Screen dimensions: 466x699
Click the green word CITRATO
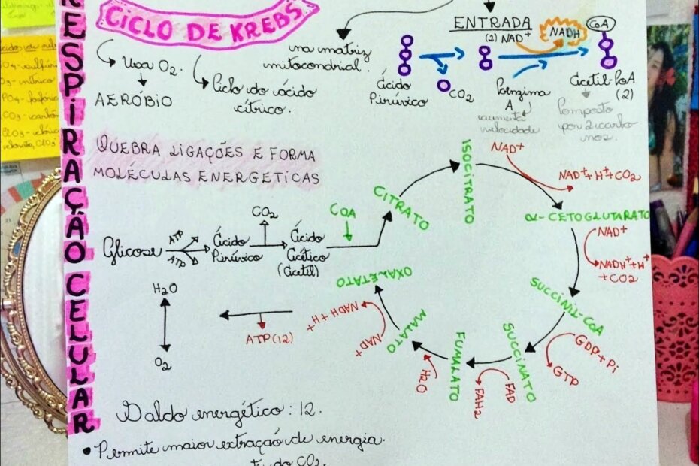(401, 208)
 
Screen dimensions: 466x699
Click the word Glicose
(134, 250)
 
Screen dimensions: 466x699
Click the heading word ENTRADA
(492, 23)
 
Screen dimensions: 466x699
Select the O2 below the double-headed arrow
(163, 363)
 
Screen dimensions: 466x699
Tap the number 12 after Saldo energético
(310, 412)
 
